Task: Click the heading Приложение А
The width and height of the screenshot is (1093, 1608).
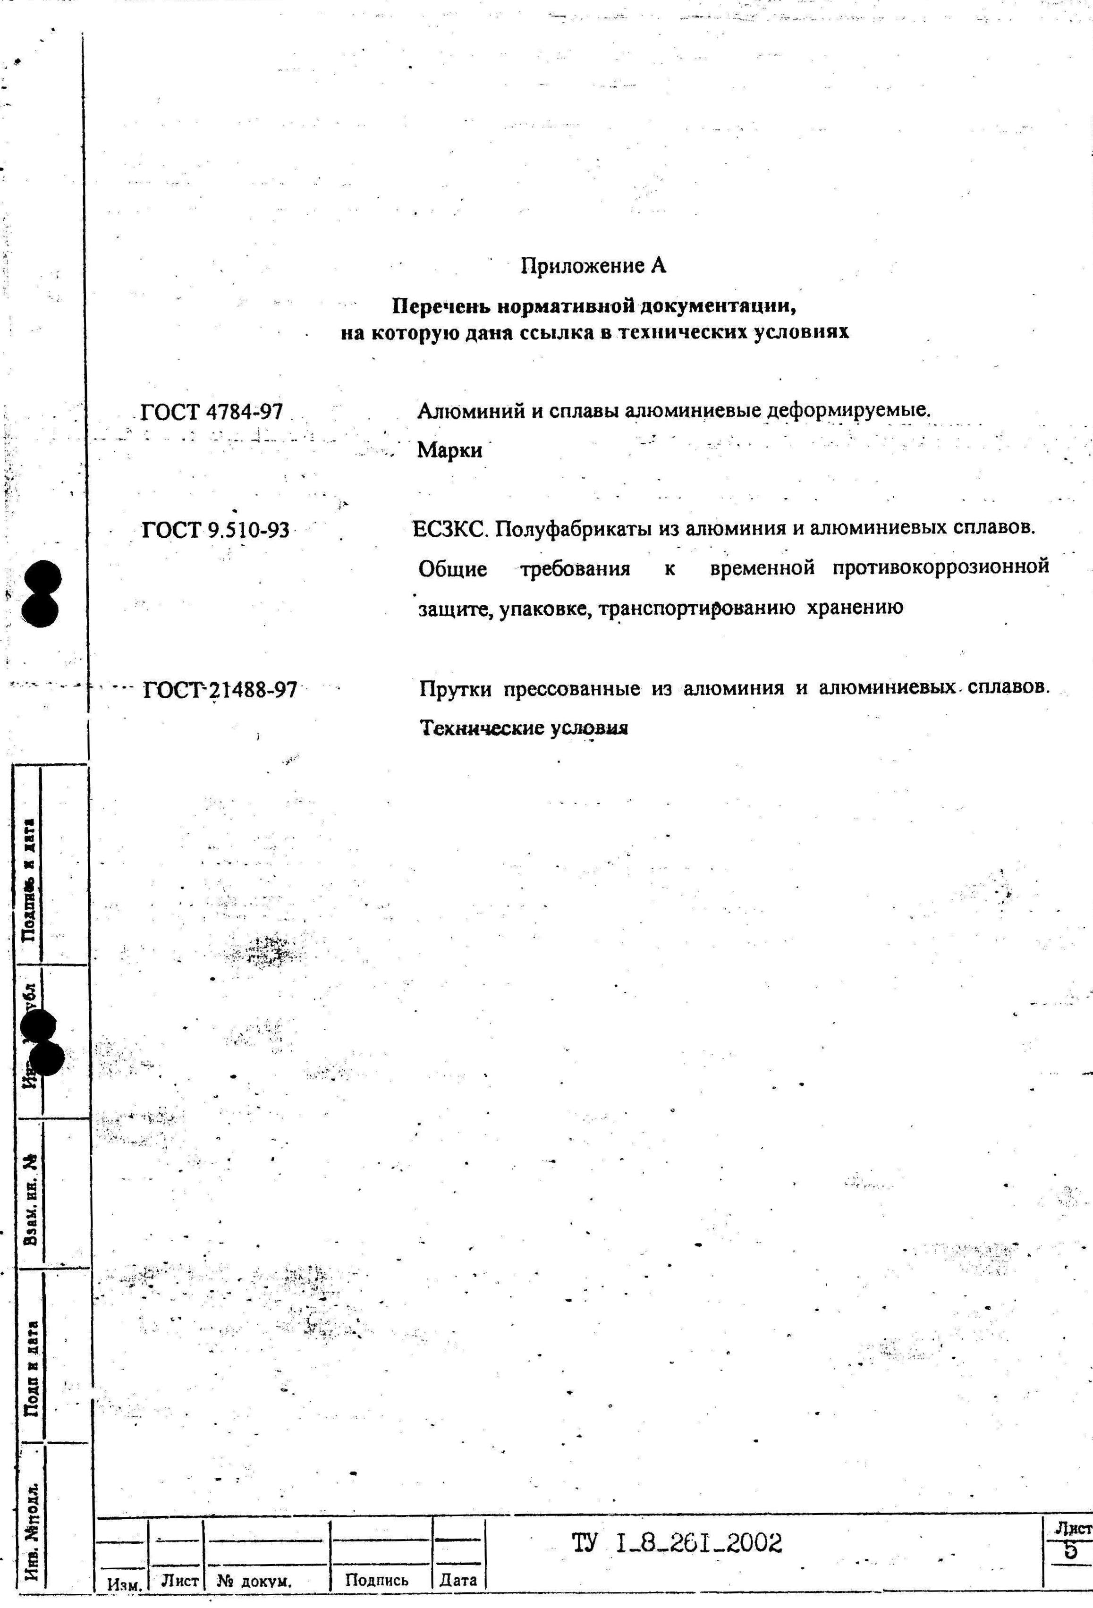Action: (x=593, y=266)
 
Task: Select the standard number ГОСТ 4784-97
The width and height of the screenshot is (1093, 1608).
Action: (x=212, y=412)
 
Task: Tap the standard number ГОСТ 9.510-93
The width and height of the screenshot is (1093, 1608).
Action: (x=215, y=531)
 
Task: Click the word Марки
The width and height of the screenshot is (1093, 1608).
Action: (x=449, y=450)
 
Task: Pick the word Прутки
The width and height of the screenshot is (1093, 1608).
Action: (x=456, y=689)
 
